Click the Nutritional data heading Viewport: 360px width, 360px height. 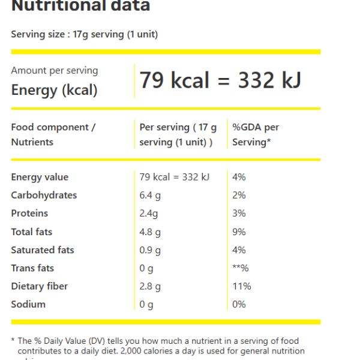coord(80,6)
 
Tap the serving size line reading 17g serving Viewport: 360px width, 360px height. coord(84,34)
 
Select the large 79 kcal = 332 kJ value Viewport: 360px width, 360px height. coord(220,80)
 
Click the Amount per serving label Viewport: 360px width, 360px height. coord(54,70)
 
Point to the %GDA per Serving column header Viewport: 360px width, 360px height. coord(256,134)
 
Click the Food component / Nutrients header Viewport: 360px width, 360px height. coord(53,134)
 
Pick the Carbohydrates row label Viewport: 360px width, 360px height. coord(44,195)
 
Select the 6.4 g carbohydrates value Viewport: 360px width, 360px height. coord(150,195)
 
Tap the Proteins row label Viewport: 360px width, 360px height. coord(29,213)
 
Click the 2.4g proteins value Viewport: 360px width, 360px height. coord(149,213)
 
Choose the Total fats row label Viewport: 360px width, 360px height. coord(31,232)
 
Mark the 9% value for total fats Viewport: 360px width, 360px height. coord(239,232)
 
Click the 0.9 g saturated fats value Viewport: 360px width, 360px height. coord(150,250)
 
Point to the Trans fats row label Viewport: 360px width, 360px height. coord(32,268)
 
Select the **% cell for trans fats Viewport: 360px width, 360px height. coord(240,268)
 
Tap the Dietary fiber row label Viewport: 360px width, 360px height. coord(39,286)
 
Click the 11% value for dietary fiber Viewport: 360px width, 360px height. coord(241,286)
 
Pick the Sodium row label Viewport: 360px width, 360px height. coord(28,304)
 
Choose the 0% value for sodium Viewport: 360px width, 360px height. coord(239,304)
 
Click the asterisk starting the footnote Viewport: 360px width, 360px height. coord(13,340)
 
